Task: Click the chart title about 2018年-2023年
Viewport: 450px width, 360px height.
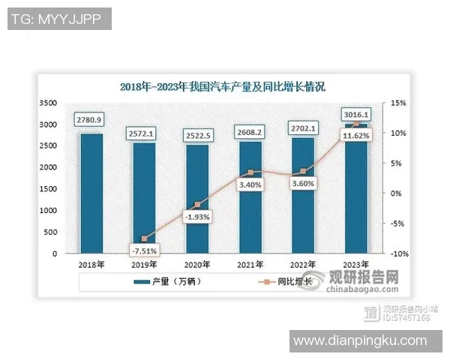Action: tap(223, 85)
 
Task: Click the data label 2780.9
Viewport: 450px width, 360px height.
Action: tap(90, 120)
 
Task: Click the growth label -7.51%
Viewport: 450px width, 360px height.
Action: tap(142, 250)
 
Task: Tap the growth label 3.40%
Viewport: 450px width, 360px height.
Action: tap(250, 183)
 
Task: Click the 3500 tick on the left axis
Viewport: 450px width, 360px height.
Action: tap(47, 103)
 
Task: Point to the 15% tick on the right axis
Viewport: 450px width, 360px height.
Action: tap(397, 103)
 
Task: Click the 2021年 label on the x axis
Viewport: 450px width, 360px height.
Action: tap(250, 265)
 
